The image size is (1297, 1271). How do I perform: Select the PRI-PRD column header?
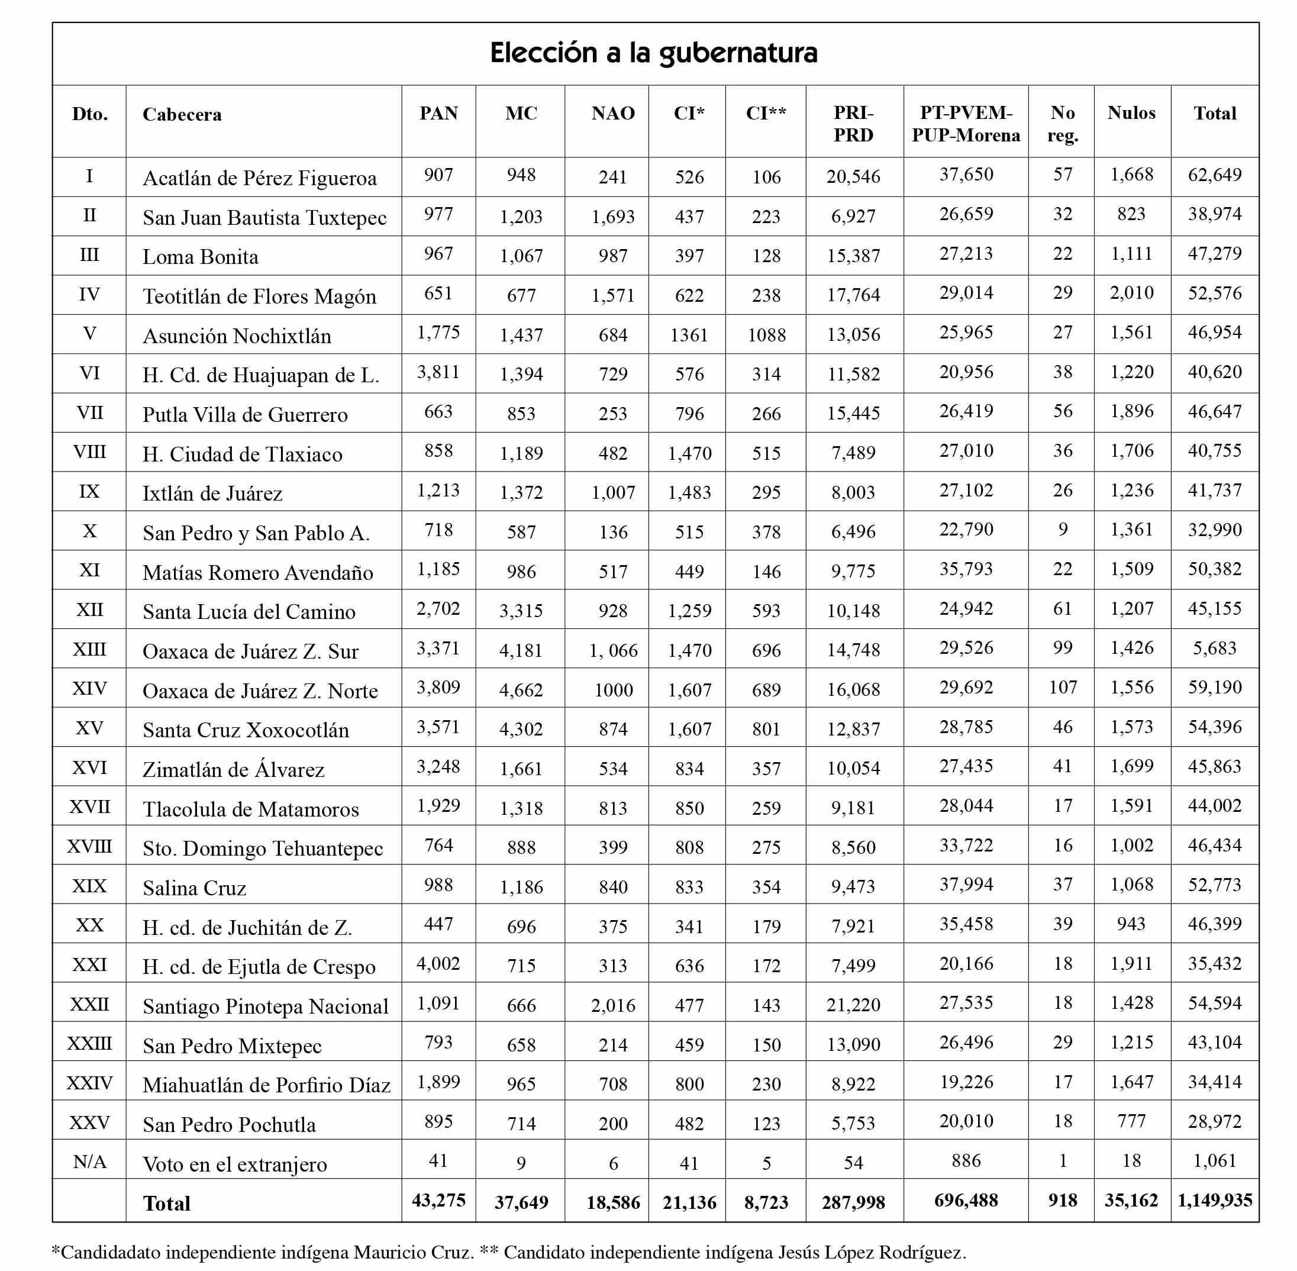[x=853, y=124]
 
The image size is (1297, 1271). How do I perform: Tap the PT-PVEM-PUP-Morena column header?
[x=965, y=124]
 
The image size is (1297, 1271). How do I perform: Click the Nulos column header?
[x=1131, y=113]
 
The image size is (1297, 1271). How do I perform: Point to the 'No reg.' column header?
[x=1062, y=124]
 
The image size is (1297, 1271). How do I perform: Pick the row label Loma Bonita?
[x=200, y=257]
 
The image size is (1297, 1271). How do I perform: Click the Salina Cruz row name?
[x=194, y=888]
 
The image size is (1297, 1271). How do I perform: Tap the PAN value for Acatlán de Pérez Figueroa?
[x=438, y=175]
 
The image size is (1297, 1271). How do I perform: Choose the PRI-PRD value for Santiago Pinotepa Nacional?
[x=853, y=1005]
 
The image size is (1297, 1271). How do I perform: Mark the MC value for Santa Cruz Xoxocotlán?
[x=521, y=729]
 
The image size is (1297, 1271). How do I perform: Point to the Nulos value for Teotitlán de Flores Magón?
[x=1131, y=293]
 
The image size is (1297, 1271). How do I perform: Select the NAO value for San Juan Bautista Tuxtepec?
[x=613, y=217]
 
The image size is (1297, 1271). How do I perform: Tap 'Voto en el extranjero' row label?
[x=234, y=1164]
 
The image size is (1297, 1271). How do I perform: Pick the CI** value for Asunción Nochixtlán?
[x=766, y=335]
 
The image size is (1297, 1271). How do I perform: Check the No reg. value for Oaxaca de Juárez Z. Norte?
[x=1062, y=688]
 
